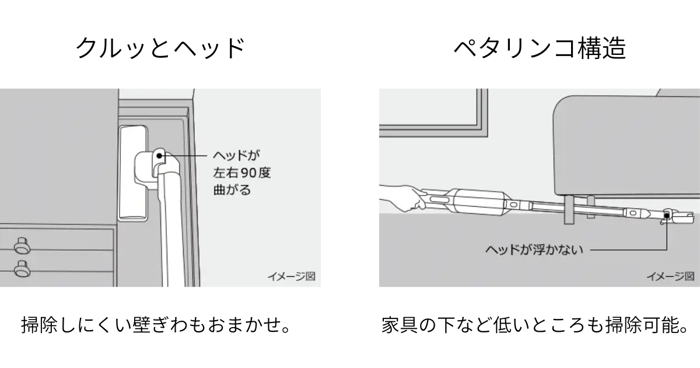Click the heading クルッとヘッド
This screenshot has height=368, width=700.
pos(160,48)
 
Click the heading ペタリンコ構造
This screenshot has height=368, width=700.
pos(540,48)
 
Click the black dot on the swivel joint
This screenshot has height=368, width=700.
pos(162,156)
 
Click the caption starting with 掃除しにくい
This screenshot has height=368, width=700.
pos(155,324)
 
